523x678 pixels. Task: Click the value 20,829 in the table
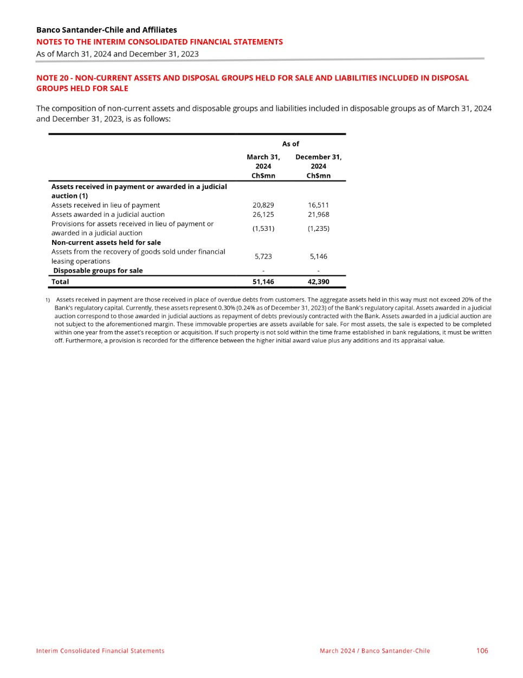tap(263, 205)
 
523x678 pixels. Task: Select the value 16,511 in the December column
tap(318, 205)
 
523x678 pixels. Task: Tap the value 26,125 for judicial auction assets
tap(263, 214)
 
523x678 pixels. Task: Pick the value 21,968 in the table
tap(318, 214)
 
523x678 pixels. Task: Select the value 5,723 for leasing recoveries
tap(263, 256)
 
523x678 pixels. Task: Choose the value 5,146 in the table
tap(318, 256)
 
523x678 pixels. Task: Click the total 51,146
tap(263, 282)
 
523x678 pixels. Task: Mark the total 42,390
tap(318, 282)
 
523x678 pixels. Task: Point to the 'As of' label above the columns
tap(290, 144)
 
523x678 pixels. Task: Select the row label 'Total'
tap(60, 282)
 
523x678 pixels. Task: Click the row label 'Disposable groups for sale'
tap(98, 270)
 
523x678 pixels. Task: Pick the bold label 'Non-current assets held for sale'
tap(106, 242)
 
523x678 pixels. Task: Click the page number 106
tap(482, 650)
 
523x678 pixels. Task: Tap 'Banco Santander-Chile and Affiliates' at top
tap(106, 30)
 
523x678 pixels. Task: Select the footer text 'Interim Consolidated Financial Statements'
tap(100, 651)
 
